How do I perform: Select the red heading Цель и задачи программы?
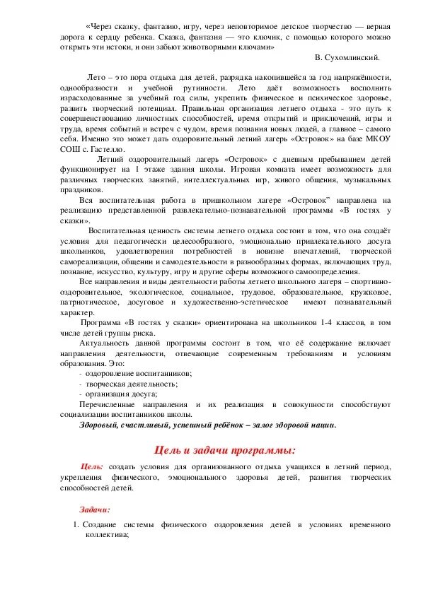pyautogui.click(x=224, y=450)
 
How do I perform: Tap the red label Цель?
pyautogui.click(x=93, y=468)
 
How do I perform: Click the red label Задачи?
pyautogui.click(x=94, y=509)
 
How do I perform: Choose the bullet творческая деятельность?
pyautogui.click(x=132, y=384)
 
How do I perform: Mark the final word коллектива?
pyautogui.click(x=105, y=536)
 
